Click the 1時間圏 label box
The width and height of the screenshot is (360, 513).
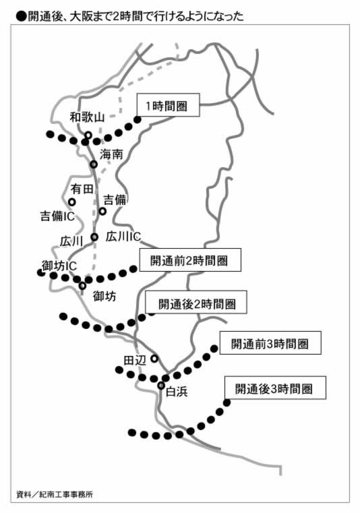(168, 104)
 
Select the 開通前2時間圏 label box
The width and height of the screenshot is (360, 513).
(190, 260)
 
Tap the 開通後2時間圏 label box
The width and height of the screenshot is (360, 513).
(196, 302)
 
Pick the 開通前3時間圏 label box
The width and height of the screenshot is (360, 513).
(270, 343)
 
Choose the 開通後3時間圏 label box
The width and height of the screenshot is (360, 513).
(275, 388)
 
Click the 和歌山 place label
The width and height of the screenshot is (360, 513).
(87, 117)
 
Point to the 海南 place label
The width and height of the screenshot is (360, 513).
(111, 154)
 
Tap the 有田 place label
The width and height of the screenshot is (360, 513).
(82, 189)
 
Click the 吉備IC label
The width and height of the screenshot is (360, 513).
(57, 216)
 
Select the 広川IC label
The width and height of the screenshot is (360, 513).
(123, 237)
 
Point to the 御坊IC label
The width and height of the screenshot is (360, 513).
(59, 266)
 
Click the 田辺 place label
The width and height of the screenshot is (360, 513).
(135, 360)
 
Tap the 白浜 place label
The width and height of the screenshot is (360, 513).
(177, 392)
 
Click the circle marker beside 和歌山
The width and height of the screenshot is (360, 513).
(88, 135)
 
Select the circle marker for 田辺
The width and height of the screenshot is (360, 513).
(154, 359)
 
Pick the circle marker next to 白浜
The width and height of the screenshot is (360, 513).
(161, 386)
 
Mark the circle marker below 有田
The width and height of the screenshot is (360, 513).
(71, 202)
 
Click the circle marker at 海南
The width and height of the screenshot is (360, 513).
(94, 164)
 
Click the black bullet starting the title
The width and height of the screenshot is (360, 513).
(21, 17)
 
